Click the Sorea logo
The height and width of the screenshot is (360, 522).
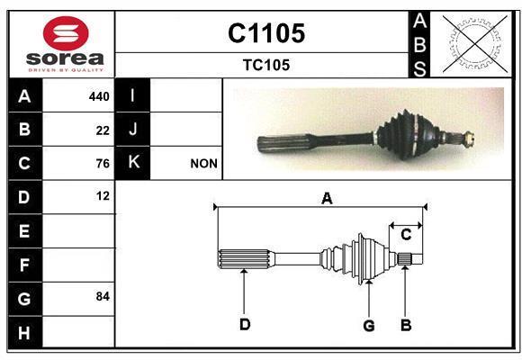[64, 45]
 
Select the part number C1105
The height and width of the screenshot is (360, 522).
[265, 33]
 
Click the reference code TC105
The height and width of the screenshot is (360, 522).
[265, 65]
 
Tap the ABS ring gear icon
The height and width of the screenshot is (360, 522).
[470, 43]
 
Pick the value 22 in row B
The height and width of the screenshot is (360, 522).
[103, 130]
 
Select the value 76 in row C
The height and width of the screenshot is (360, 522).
[103, 163]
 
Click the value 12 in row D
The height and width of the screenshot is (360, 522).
[103, 195]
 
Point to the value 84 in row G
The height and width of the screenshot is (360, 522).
[103, 296]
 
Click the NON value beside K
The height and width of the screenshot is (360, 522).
[203, 164]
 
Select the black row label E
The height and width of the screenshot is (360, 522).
[24, 231]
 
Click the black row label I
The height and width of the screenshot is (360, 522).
[133, 96]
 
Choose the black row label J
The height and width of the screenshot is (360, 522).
[133, 130]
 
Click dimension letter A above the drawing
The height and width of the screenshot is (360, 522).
[327, 199]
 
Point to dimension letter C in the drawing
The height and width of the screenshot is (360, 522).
[406, 235]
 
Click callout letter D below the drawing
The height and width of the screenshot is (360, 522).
[244, 325]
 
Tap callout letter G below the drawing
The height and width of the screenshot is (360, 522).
[368, 325]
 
